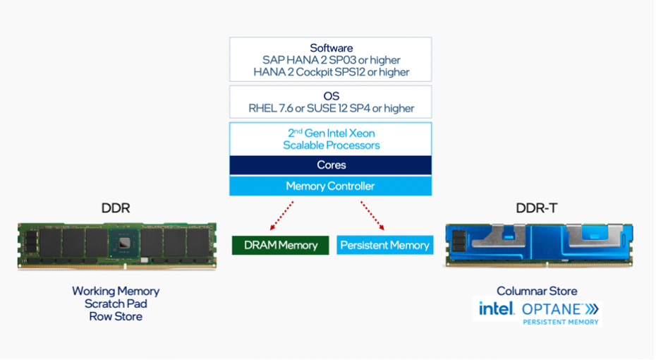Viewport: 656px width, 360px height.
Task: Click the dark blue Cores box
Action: tap(330, 165)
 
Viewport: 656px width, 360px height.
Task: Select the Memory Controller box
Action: tap(330, 186)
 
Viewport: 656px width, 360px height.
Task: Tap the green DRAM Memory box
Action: tap(280, 245)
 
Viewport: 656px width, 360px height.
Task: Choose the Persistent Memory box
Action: tap(384, 245)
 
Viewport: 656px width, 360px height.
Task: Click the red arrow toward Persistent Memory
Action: tap(372, 215)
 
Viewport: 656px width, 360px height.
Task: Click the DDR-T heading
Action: tap(537, 208)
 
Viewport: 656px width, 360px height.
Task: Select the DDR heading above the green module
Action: tap(116, 208)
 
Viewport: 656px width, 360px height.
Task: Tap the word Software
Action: tap(330, 47)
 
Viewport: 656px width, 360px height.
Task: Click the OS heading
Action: tap(331, 96)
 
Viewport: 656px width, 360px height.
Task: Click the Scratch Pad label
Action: tap(116, 304)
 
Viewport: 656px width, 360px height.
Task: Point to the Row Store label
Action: tap(116, 316)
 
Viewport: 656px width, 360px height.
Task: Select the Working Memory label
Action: tap(116, 291)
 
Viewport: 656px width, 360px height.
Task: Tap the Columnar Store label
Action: tap(537, 291)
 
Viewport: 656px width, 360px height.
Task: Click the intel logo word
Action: tap(497, 308)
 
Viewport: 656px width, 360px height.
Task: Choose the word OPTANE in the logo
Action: tap(552, 309)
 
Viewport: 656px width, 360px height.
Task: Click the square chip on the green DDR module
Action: tap(124, 243)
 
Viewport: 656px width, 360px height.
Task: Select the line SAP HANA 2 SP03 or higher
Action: tap(330, 60)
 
